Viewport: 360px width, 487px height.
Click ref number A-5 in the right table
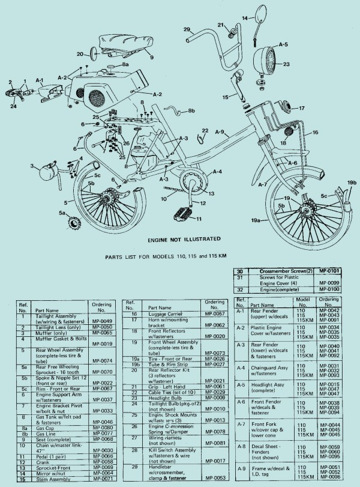(241, 384)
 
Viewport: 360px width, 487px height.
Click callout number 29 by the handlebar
(187, 29)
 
